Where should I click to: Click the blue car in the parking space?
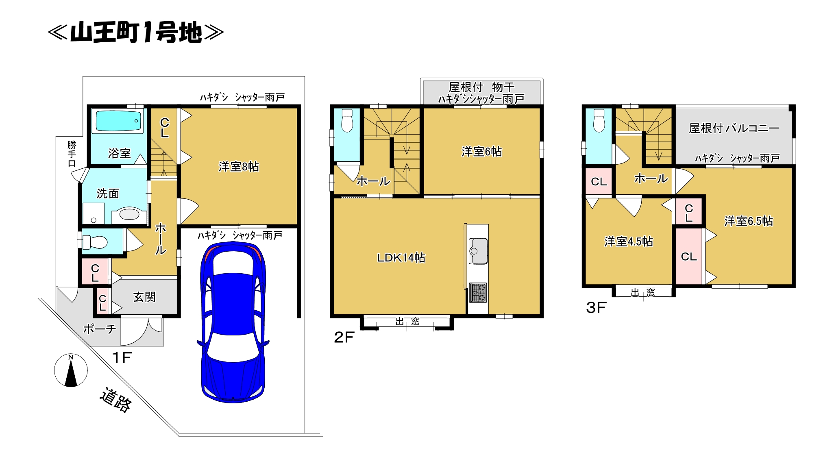(233, 322)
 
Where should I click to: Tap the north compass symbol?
(71, 370)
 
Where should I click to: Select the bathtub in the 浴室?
(117, 121)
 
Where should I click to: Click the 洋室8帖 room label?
(239, 167)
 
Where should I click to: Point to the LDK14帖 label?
(401, 257)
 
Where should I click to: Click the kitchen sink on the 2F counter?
(478, 251)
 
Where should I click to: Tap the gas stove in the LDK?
(478, 292)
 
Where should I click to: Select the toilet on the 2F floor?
(347, 120)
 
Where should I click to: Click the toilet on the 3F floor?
(599, 120)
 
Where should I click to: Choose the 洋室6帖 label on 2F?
(481, 152)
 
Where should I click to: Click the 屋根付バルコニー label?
(734, 128)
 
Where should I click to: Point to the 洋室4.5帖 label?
(629, 242)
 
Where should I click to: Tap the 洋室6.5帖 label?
(749, 221)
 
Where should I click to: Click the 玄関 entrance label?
(144, 297)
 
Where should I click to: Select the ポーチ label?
(100, 329)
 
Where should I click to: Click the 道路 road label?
(116, 400)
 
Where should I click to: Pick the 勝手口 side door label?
(72, 154)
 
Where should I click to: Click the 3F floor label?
(596, 308)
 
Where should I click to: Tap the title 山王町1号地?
(136, 33)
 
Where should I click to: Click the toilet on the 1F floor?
(95, 242)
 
